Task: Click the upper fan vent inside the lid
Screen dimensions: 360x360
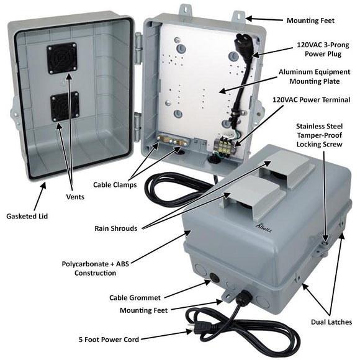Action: pyautogui.click(x=61, y=58)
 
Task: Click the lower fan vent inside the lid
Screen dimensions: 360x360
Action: pyautogui.click(x=65, y=107)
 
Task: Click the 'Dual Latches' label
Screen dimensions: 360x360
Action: pyautogui.click(x=331, y=322)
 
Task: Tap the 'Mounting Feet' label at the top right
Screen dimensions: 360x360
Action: pyautogui.click(x=310, y=20)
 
